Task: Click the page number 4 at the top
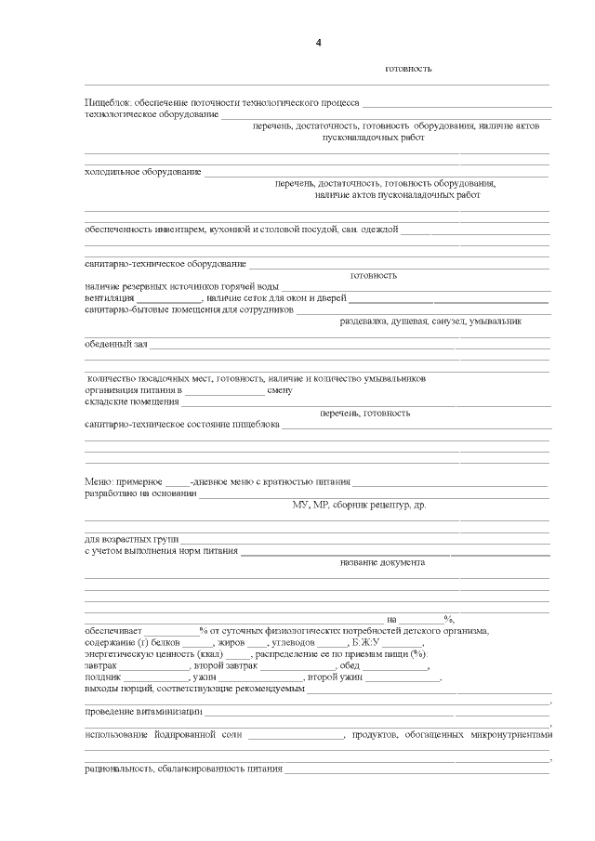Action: click(318, 43)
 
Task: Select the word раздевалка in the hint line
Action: click(364, 322)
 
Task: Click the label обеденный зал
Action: click(115, 344)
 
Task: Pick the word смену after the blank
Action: click(280, 390)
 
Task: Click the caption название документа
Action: click(382, 562)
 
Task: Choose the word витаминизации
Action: click(169, 712)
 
